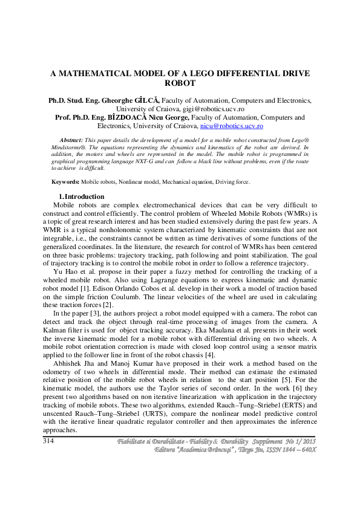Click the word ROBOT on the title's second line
coord(180,83)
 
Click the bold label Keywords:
coord(65,181)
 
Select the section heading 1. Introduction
coord(81,197)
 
